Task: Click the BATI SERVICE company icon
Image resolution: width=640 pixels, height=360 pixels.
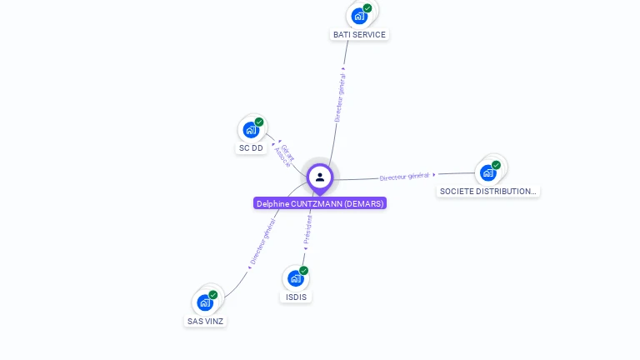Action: (359, 15)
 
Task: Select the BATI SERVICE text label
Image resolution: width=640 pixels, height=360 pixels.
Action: (359, 35)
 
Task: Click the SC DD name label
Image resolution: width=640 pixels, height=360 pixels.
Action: (251, 148)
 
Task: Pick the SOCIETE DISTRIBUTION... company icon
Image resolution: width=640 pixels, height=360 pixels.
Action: (487, 172)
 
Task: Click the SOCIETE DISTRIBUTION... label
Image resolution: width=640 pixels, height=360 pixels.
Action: (488, 192)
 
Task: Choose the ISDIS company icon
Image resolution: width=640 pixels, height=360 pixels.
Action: (295, 277)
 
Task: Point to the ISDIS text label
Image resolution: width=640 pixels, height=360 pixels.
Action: (296, 297)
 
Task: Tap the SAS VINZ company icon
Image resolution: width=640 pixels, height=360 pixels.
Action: (205, 302)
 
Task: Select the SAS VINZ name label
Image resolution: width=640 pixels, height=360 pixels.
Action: (205, 321)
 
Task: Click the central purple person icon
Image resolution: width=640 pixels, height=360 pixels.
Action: (320, 177)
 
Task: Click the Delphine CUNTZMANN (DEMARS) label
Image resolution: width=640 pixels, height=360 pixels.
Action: (320, 203)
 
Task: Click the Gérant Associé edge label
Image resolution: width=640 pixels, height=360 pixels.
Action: (284, 154)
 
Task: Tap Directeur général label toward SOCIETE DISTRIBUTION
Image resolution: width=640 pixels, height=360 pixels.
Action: (405, 176)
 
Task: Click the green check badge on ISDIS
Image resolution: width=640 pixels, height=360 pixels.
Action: (304, 270)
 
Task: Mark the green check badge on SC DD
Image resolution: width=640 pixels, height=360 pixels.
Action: (259, 122)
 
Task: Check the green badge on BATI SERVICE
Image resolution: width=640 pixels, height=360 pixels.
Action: (367, 8)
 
